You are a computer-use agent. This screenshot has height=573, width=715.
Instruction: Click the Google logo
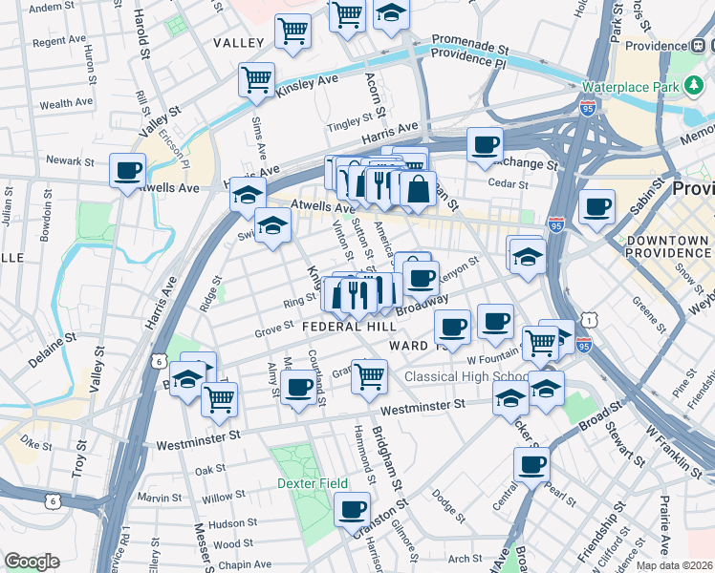point(32,562)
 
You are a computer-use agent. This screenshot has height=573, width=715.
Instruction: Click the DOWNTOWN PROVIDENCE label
point(668,245)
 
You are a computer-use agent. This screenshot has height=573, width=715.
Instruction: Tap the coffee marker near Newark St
point(127,171)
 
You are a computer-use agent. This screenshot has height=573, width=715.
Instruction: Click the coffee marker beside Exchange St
point(485,145)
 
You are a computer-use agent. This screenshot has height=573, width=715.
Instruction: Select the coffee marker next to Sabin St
point(596,205)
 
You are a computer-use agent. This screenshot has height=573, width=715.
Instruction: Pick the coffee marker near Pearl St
point(531,465)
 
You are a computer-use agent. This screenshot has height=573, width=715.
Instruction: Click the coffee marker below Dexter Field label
point(352,509)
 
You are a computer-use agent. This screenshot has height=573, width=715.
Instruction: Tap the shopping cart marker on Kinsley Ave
point(256,80)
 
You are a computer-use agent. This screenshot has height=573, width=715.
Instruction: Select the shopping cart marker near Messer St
point(220,398)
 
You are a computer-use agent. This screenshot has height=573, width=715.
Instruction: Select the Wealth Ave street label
point(66,102)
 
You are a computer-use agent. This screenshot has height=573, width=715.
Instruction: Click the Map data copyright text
point(675,565)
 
